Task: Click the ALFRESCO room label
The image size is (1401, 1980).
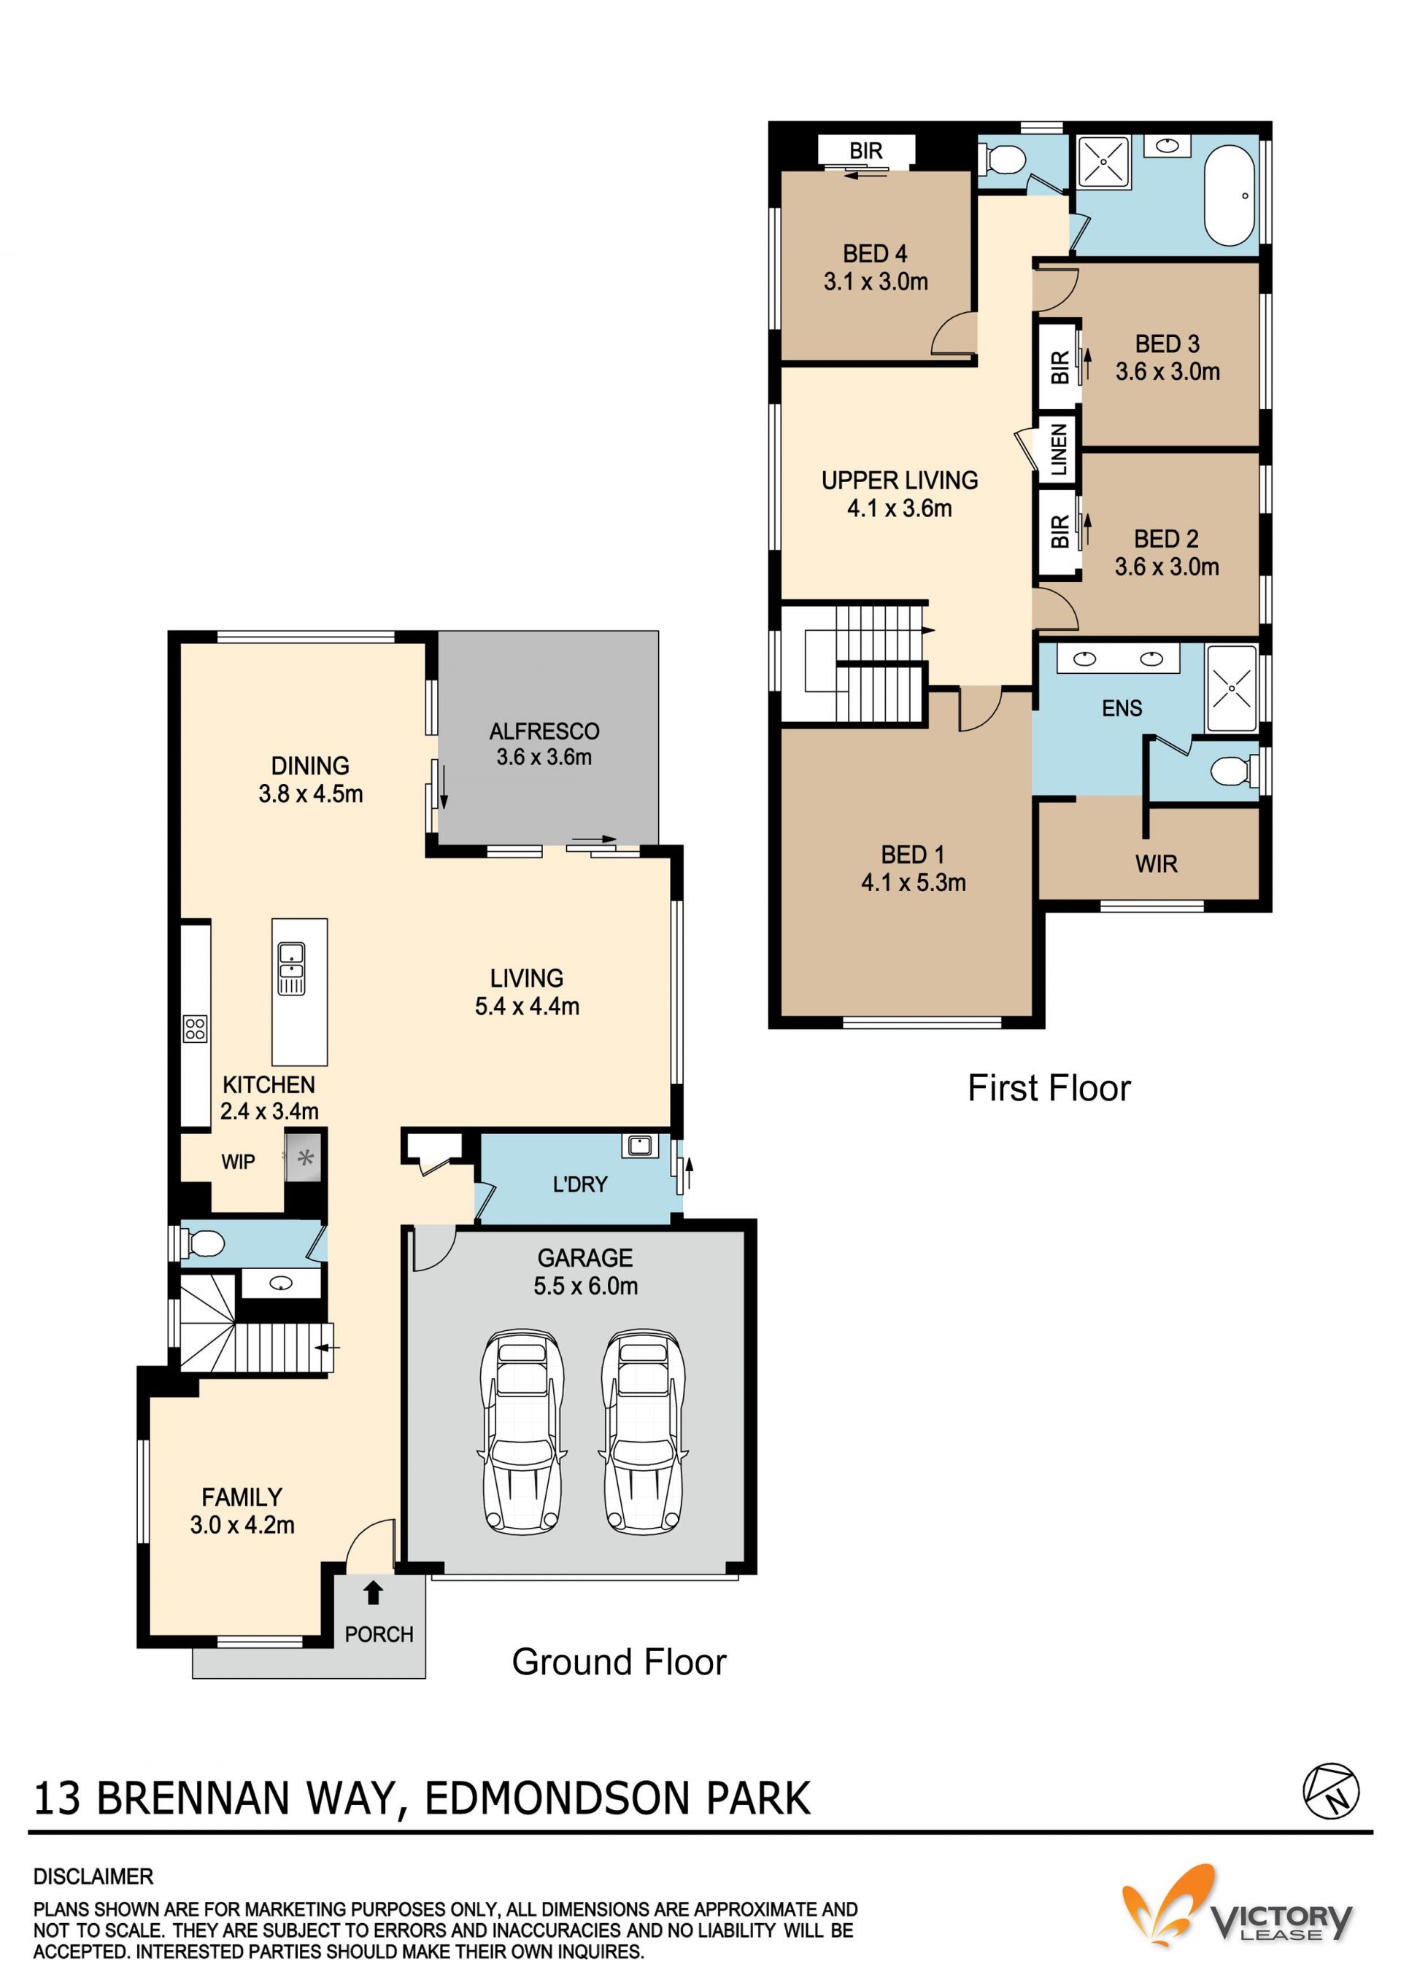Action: [x=544, y=731]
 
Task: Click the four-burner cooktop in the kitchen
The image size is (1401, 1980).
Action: [x=195, y=1029]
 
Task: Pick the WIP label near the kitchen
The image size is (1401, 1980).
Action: [x=238, y=1162]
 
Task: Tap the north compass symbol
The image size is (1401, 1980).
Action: [x=1330, y=1790]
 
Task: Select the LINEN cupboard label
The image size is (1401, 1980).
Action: [x=1060, y=449]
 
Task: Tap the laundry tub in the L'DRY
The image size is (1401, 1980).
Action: [x=639, y=1145]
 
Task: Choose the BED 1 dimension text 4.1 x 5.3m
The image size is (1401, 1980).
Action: [x=914, y=882]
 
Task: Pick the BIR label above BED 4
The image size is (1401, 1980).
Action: [x=865, y=151]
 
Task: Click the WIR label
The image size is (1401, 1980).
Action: [x=1156, y=863]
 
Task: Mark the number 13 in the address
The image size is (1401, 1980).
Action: [x=57, y=1799]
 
